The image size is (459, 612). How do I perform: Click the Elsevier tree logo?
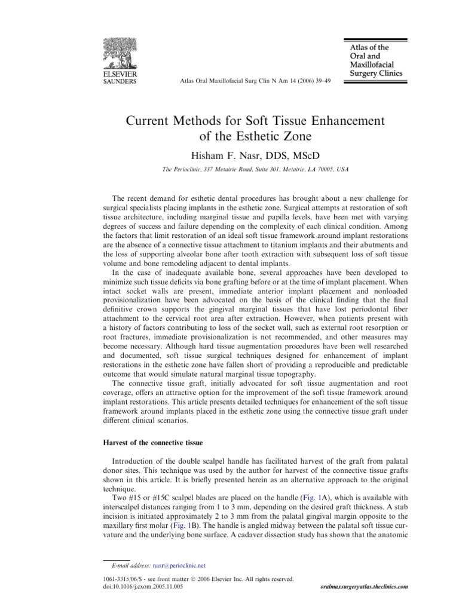pos(121,52)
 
